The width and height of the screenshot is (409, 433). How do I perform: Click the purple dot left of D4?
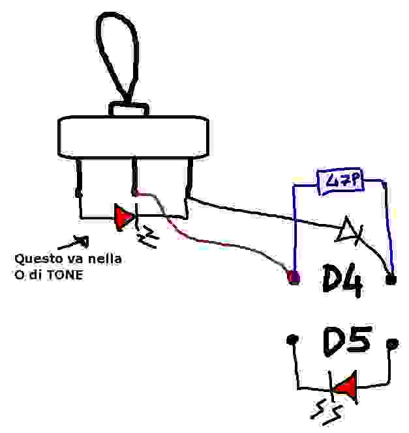click(x=294, y=279)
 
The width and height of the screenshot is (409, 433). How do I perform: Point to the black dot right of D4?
click(x=391, y=280)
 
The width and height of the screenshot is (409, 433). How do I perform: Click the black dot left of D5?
click(x=292, y=339)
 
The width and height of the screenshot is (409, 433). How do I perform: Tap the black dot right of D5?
click(x=392, y=342)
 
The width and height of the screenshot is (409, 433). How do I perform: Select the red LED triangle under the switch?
click(x=123, y=217)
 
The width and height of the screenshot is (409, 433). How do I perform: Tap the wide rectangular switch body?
click(x=134, y=137)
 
